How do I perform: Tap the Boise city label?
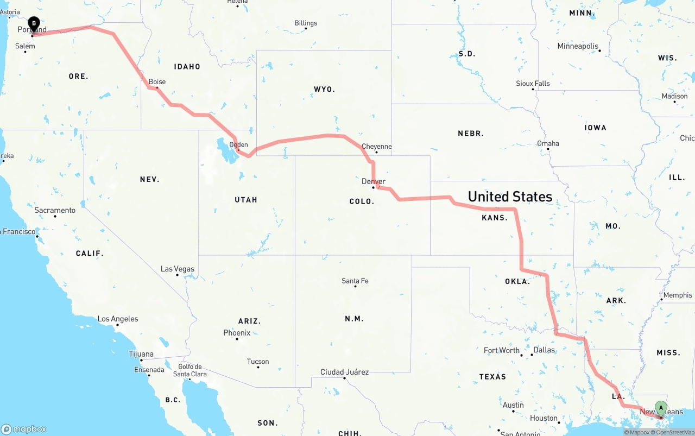[x=157, y=82]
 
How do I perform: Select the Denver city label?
[x=374, y=181]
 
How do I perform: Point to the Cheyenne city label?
[x=376, y=147]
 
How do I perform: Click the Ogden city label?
[x=238, y=144]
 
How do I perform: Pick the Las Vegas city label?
[x=177, y=269]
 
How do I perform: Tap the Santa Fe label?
[x=355, y=281]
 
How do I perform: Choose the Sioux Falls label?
[x=533, y=84]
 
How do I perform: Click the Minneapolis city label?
[x=578, y=46]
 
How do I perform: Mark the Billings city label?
[x=306, y=23]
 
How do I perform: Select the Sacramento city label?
[x=55, y=210]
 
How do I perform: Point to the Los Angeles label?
[x=117, y=319]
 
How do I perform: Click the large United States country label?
[x=510, y=197]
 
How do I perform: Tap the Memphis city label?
[x=678, y=295]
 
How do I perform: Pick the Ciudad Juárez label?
[x=344, y=372]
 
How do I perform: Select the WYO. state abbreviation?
[x=324, y=89]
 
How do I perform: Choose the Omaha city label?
[x=548, y=143]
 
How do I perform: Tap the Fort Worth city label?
[x=502, y=350]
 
